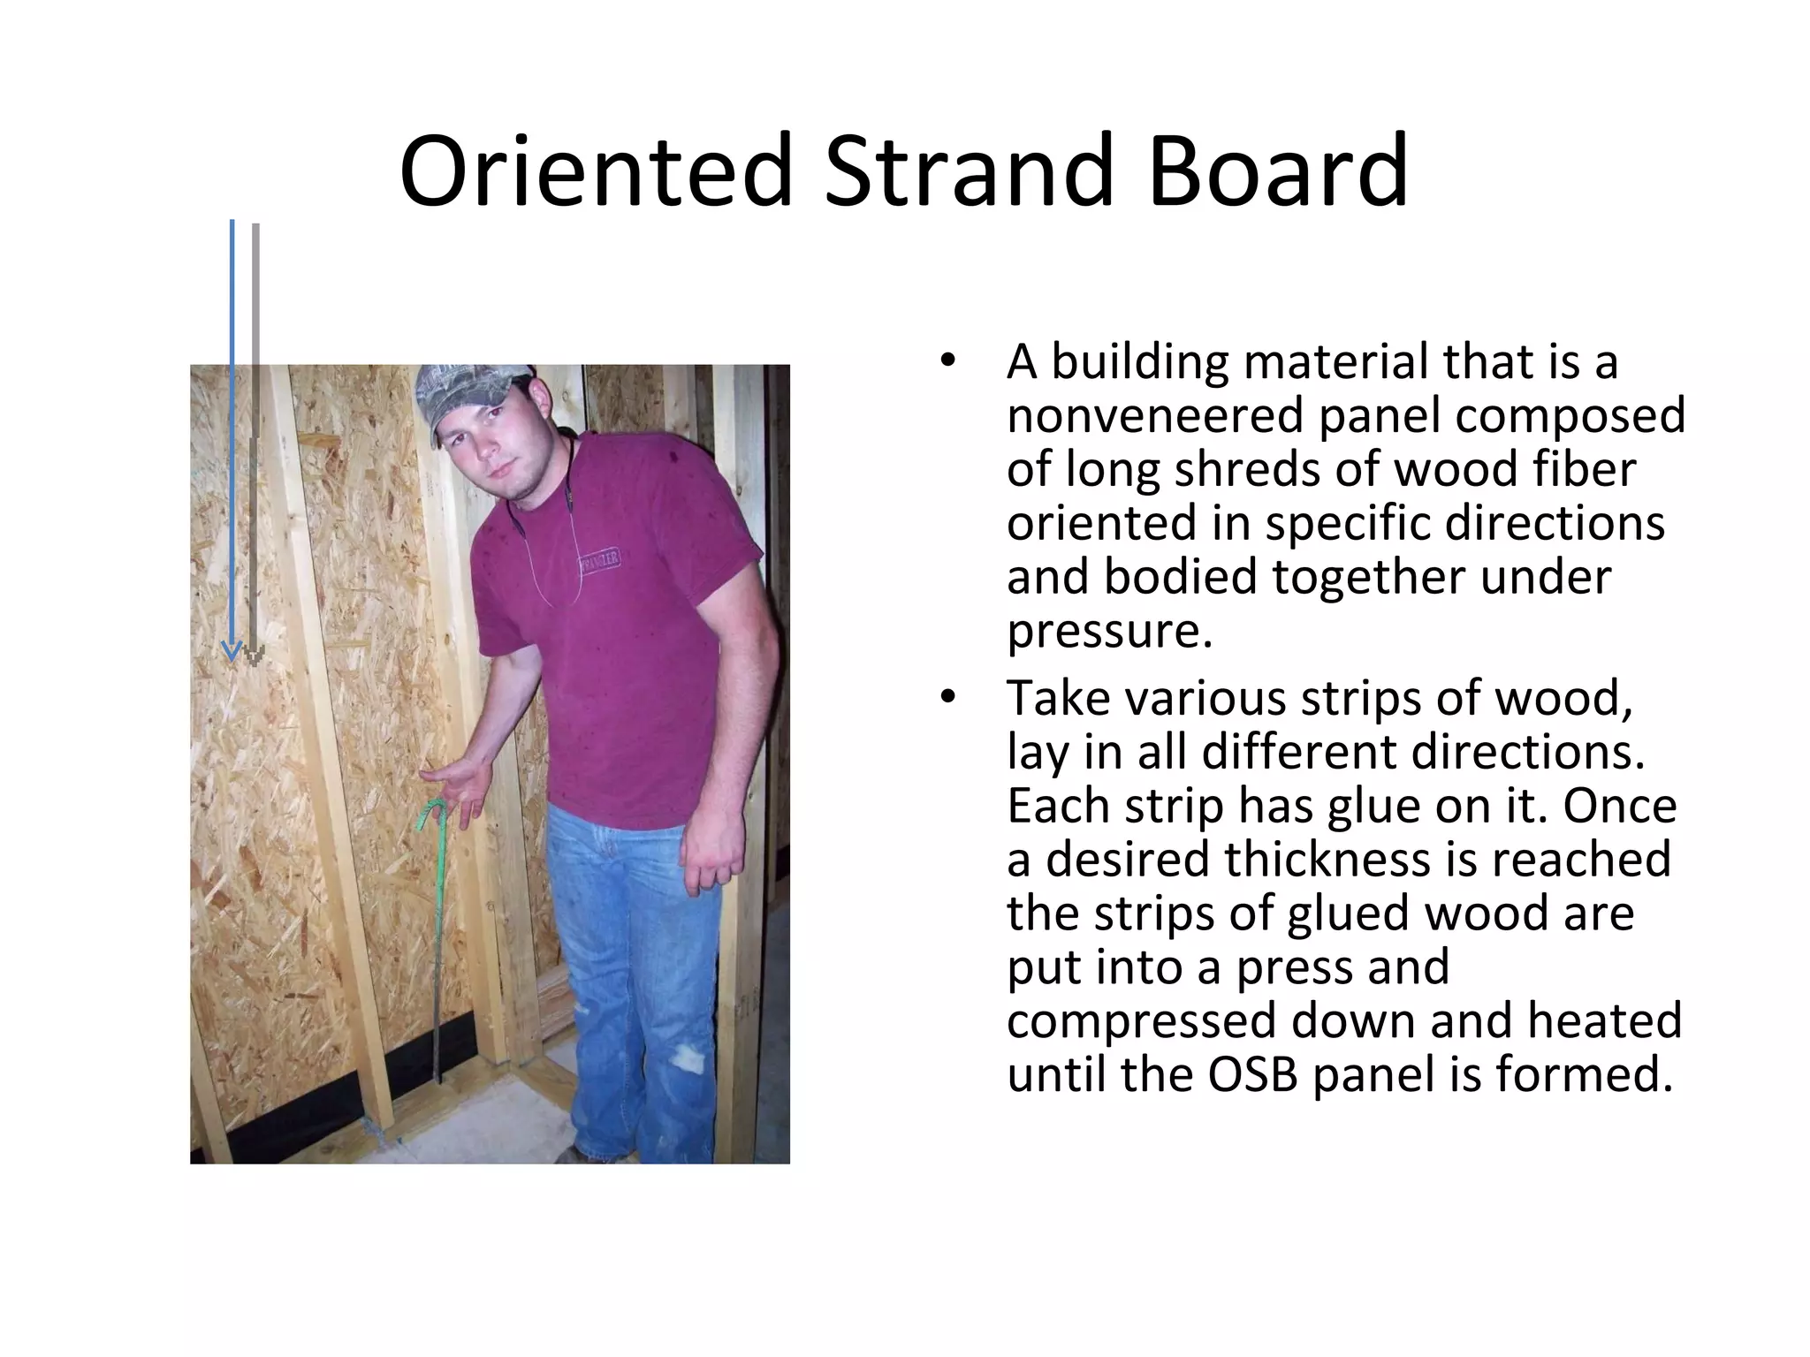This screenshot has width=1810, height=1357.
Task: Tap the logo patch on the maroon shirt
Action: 599,560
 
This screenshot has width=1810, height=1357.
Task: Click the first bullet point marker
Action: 947,362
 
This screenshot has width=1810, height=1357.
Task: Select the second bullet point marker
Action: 947,698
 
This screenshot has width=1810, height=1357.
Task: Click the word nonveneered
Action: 1154,415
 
